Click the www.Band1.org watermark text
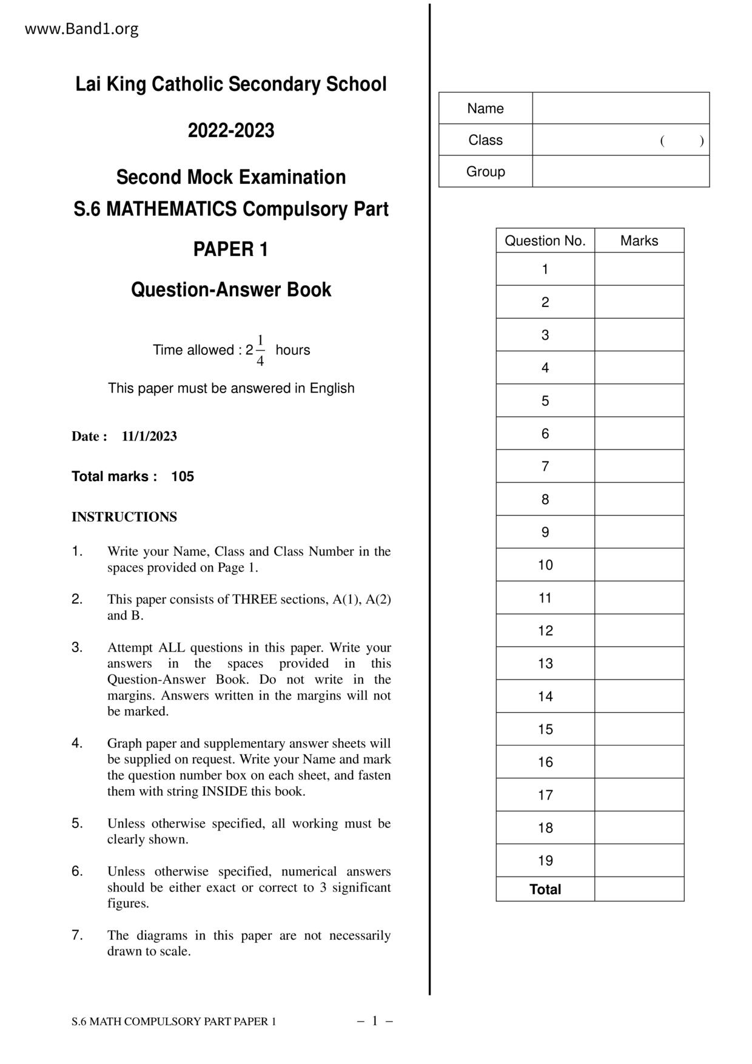point(81,29)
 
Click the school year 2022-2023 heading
point(231,130)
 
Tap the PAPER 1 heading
point(230,249)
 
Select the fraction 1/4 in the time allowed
point(260,351)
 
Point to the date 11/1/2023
point(149,436)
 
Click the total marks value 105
point(183,476)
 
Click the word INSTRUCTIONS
point(124,517)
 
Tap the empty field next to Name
point(620,109)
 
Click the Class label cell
point(485,140)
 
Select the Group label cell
point(485,172)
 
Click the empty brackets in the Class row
point(682,141)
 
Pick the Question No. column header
point(545,241)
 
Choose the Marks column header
point(639,241)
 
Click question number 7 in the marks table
point(545,466)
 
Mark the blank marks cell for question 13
point(639,664)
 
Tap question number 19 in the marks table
point(545,861)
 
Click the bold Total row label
point(545,889)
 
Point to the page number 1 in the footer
point(375,1021)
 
